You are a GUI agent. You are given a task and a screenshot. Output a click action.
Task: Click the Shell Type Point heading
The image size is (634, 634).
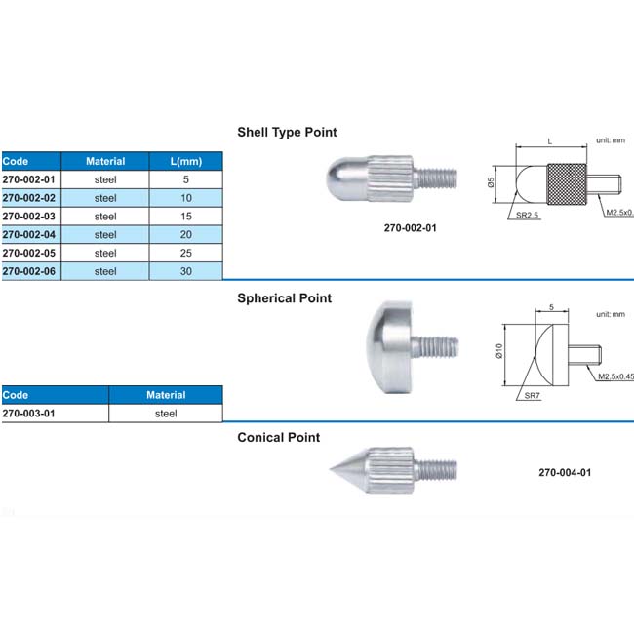pyautogui.click(x=287, y=132)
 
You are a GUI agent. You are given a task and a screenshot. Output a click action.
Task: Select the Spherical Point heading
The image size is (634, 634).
pyautogui.click(x=285, y=298)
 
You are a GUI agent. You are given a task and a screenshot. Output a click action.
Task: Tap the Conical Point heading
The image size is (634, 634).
pyautogui.click(x=279, y=438)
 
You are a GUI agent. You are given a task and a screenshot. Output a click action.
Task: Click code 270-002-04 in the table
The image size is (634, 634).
pyautogui.click(x=30, y=234)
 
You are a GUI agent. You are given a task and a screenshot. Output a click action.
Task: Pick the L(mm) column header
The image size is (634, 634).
pyautogui.click(x=186, y=161)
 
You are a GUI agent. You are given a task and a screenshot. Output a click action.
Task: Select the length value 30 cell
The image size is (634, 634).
pyautogui.click(x=186, y=271)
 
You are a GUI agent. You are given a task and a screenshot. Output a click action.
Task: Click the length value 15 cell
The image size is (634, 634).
pyautogui.click(x=186, y=216)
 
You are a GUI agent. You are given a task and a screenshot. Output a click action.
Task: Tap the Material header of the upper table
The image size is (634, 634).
pyautogui.click(x=105, y=161)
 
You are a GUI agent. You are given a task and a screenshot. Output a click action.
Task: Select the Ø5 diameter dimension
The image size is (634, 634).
pyautogui.click(x=492, y=182)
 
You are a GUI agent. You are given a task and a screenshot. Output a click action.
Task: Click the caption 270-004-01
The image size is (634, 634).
pyautogui.click(x=565, y=473)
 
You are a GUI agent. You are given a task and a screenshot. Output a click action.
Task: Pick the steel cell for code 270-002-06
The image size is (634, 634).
pyautogui.click(x=105, y=271)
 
